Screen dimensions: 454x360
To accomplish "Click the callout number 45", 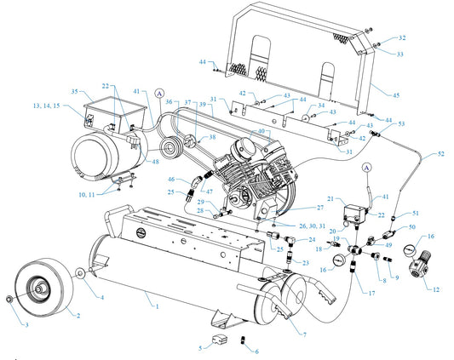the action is coord(396,95).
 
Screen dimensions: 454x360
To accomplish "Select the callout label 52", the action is coord(440,154).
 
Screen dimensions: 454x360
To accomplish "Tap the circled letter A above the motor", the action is coord(159,93).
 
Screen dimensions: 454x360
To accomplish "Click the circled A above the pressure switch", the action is coord(367,168).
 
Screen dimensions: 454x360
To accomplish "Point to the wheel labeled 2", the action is coord(43,286).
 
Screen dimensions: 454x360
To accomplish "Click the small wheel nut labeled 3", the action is coord(9,299).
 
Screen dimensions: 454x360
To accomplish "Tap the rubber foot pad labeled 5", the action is coord(220,340).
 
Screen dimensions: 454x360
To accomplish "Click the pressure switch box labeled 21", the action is coord(353,214).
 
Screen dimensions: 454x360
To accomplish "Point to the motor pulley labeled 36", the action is coord(170,149).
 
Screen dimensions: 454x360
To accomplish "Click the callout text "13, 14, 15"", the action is coord(47,106).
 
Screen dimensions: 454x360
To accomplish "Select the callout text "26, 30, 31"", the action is coord(313,226).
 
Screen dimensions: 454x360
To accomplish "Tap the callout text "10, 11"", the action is coord(87,195).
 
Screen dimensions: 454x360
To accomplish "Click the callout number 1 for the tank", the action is coord(158,306).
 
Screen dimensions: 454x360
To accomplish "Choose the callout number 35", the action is coord(74,91).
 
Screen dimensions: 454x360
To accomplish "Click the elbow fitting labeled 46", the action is coord(196,181).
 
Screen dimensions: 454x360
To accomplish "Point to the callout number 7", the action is coord(305,334).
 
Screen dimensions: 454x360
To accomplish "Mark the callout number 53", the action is coord(401,124).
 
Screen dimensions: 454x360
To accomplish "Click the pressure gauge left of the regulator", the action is coord(410,250).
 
